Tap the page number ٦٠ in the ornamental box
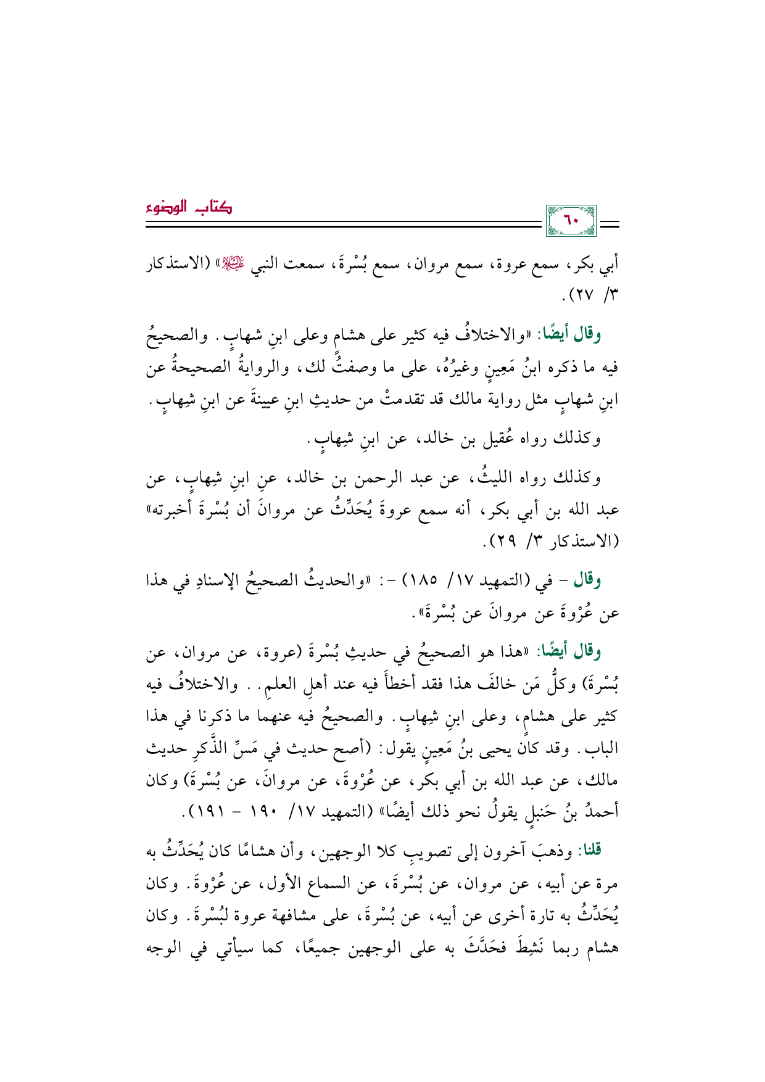coord(572,220)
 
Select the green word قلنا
coord(589,849)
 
